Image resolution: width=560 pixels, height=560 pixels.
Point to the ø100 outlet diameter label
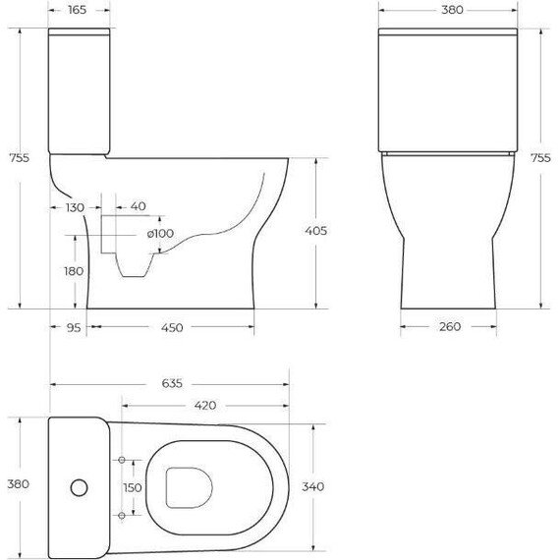coord(160,233)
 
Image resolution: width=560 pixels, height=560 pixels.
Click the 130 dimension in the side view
coord(75,207)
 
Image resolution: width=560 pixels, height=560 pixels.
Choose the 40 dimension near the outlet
coord(138,207)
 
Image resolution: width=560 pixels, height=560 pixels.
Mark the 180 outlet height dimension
coord(73,272)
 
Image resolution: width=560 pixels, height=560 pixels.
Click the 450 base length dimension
coord(172,328)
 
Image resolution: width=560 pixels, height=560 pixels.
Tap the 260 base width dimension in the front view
coord(451,328)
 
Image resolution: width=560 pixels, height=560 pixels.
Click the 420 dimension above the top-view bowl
coord(204,404)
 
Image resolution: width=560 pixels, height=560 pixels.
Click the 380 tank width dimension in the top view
coord(19,483)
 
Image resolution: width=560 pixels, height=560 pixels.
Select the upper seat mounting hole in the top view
coord(121,460)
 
